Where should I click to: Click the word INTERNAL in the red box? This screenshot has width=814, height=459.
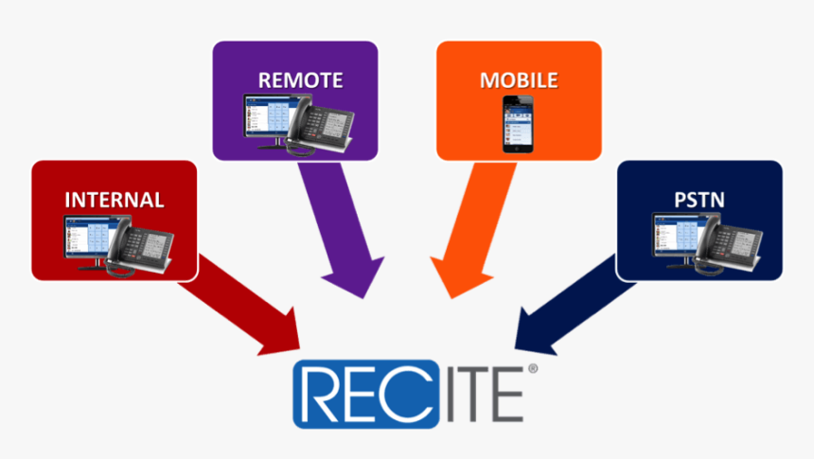coord(115,200)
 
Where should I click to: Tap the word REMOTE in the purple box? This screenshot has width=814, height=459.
coord(301,80)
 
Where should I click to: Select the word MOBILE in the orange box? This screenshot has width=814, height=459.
coord(519,80)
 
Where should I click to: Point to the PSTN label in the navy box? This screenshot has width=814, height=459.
coord(699,200)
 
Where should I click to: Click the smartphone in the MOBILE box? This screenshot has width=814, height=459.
coord(518,125)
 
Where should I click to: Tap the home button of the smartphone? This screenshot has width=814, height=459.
coord(517,149)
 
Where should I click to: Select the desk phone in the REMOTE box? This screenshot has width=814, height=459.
coord(319,126)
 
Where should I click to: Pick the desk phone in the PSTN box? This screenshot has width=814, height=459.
coord(729,245)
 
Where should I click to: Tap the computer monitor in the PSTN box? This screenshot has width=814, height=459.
coord(678,239)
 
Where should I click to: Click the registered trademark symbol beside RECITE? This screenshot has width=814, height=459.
coord(533,369)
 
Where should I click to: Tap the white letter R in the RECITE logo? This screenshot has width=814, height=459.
coord(323,394)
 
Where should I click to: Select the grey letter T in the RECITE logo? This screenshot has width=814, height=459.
coord(471,394)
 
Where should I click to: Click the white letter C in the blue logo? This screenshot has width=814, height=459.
coord(405,394)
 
